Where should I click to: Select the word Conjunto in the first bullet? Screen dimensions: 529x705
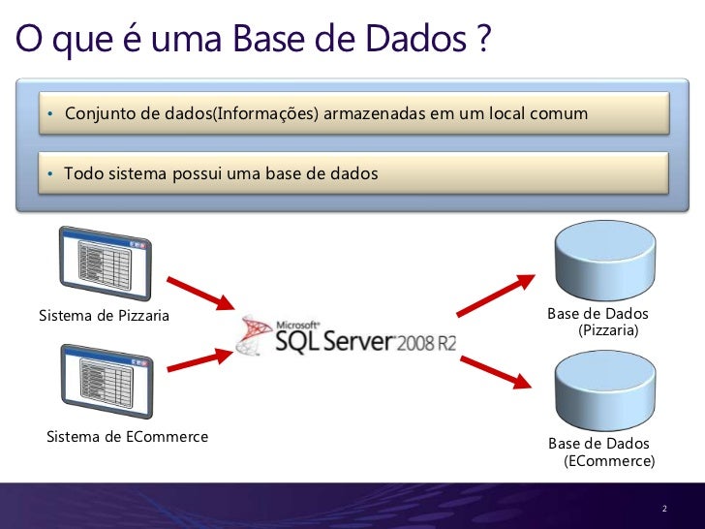100,114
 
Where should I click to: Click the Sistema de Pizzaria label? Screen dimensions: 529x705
104,316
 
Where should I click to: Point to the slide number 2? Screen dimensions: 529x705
665,510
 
